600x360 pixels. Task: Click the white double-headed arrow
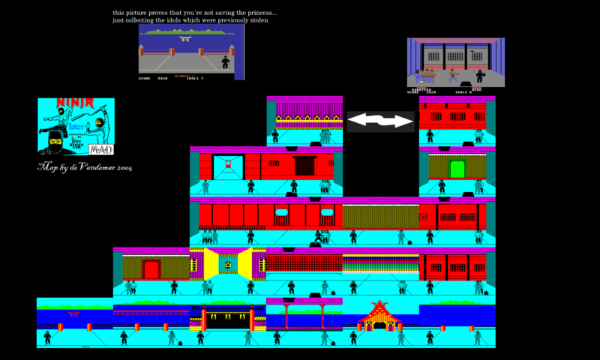click(x=380, y=120)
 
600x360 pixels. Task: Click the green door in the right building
click(x=457, y=168)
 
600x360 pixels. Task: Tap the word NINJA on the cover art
click(x=76, y=103)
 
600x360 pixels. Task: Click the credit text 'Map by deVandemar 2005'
click(x=84, y=167)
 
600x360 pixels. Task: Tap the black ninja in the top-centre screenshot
click(x=226, y=61)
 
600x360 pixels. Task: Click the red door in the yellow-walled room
click(x=151, y=269)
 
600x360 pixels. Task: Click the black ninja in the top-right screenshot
click(x=479, y=76)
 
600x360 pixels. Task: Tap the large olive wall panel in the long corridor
click(x=380, y=217)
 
